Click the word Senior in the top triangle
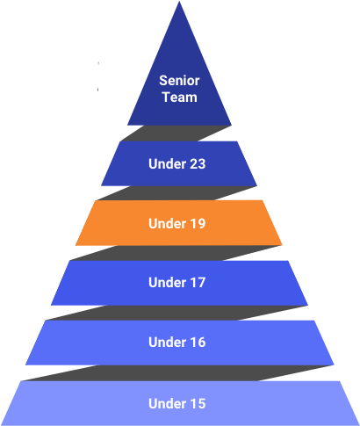179,81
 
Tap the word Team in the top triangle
180,97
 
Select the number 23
196,164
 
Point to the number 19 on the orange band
196,223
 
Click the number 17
196,283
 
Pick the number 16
196,343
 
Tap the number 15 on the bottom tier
196,403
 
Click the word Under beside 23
166,164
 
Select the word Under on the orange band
166,223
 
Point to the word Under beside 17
166,283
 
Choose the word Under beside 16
166,343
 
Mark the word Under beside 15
166,403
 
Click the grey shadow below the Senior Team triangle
176,134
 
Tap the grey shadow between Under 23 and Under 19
176,193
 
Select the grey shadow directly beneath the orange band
176,253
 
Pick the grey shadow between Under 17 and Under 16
176,313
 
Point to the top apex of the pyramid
179,2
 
